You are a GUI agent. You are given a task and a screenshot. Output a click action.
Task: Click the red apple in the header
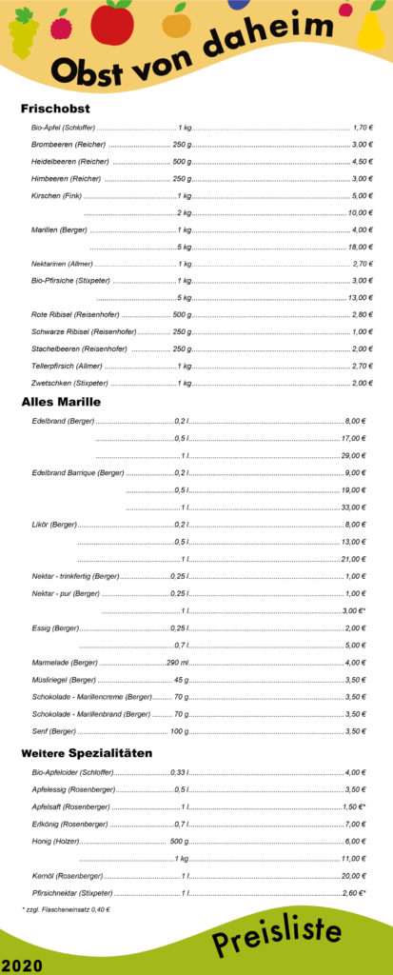coord(112,23)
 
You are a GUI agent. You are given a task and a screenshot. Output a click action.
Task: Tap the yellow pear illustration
coord(370,29)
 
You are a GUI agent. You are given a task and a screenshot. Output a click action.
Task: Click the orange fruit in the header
coord(176,22)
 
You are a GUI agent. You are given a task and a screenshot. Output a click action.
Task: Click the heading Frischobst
coord(55,109)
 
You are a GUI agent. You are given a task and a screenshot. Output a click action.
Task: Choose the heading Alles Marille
coord(61,402)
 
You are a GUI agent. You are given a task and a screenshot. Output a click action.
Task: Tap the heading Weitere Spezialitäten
coord(87,753)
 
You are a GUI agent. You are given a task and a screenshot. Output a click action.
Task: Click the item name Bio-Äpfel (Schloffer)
coord(63,128)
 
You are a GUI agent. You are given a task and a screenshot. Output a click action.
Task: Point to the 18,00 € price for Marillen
coord(360,247)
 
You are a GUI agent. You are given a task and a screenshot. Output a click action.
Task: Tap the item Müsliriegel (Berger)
coord(63,680)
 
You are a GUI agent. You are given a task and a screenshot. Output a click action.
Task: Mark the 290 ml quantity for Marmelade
coord(178,663)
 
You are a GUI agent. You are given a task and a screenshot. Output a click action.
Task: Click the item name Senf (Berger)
coord(53,731)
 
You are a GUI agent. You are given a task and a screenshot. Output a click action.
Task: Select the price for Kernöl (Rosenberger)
coord(354,875)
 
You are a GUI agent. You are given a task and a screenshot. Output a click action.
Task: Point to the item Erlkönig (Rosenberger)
coord(69,824)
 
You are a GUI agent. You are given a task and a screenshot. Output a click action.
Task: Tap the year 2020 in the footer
coord(22,965)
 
